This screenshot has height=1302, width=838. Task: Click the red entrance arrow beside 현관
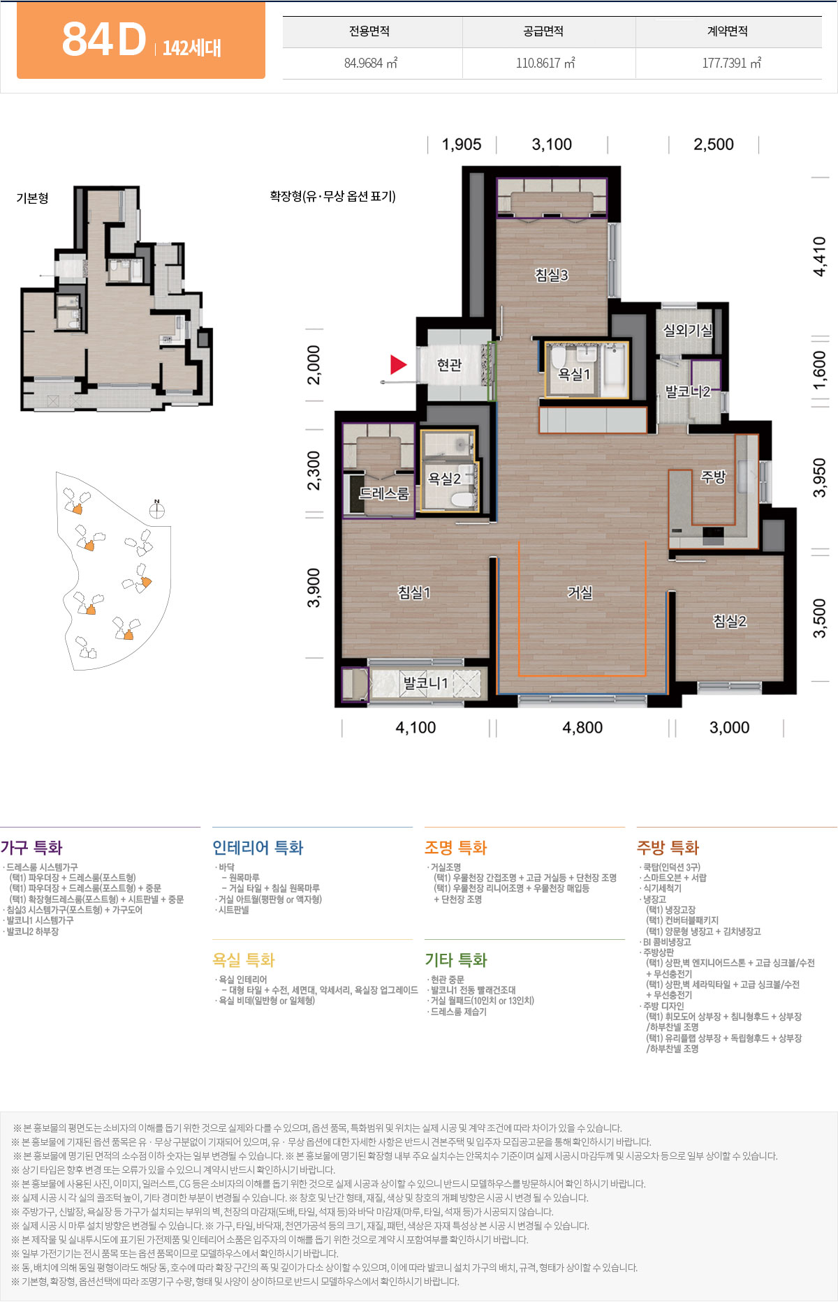click(x=398, y=364)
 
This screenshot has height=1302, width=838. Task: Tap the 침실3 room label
click(x=552, y=275)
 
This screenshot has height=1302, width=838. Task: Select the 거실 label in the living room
click(x=580, y=592)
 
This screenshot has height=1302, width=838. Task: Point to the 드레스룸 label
click(x=383, y=493)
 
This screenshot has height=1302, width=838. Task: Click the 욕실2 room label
click(x=445, y=479)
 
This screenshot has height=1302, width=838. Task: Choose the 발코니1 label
click(x=425, y=683)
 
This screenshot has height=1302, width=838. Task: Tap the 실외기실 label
click(x=688, y=330)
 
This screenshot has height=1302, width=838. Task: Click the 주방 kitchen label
click(x=714, y=477)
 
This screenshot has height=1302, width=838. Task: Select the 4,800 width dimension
click(x=582, y=728)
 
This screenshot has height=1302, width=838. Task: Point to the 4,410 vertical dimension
click(x=820, y=257)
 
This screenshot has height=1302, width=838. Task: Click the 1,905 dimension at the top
click(x=462, y=144)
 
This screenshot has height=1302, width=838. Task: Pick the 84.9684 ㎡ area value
click(x=371, y=63)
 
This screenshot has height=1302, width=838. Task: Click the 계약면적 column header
click(x=728, y=31)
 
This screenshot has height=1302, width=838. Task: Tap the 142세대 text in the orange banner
click(x=192, y=48)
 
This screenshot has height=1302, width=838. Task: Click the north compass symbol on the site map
click(x=157, y=509)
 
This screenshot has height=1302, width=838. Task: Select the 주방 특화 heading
click(x=668, y=848)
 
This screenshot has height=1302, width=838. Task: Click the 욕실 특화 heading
click(x=244, y=960)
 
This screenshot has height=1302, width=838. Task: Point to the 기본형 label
click(x=33, y=198)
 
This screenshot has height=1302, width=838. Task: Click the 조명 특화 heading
click(x=455, y=848)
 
